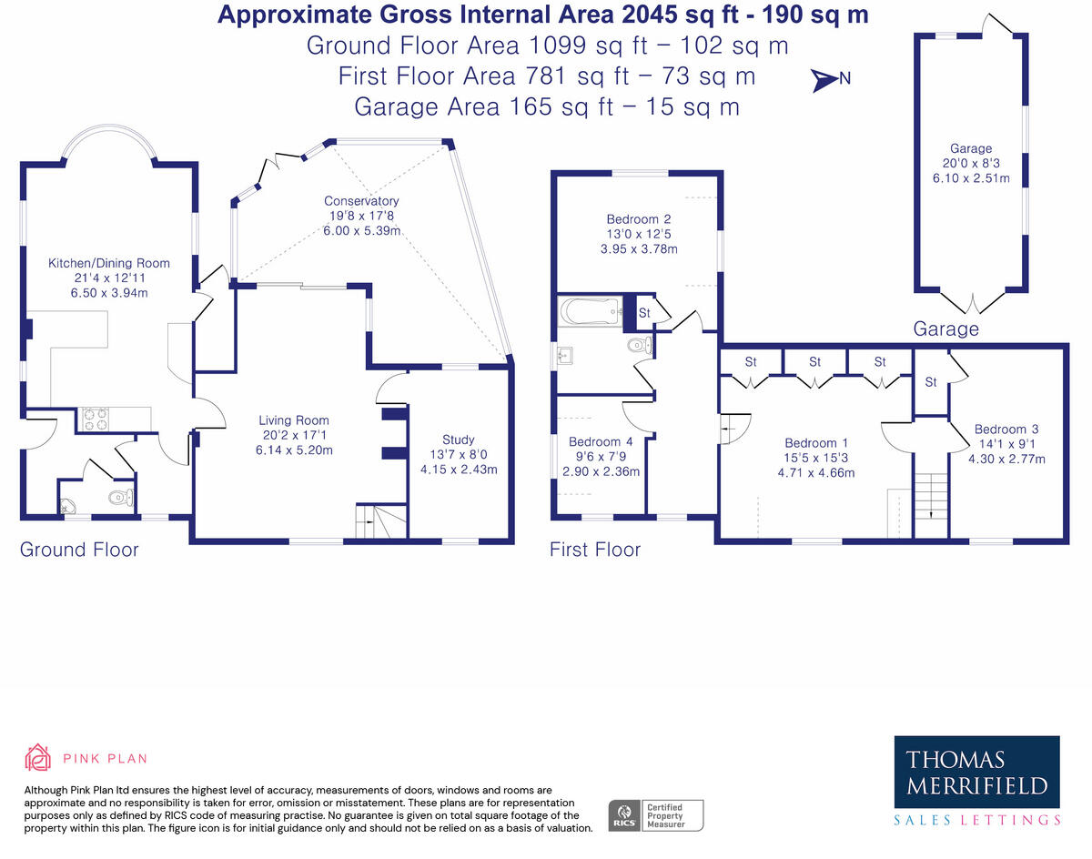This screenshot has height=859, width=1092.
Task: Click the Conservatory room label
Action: [361, 201]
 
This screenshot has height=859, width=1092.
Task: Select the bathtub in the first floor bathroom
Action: [590, 310]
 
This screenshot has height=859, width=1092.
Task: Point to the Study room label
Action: [459, 440]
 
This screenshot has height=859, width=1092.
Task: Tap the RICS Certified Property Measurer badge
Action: [655, 815]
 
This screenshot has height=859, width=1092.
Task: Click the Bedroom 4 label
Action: [601, 441]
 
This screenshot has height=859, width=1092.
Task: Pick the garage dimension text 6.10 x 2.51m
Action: [971, 178]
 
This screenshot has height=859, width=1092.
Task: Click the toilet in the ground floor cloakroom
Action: [121, 497]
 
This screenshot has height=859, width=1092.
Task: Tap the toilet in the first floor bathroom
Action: [640, 346]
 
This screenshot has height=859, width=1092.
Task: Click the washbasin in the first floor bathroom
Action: [564, 354]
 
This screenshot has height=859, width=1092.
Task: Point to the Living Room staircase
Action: [380, 520]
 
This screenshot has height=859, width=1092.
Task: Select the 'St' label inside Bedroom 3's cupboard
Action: [930, 381]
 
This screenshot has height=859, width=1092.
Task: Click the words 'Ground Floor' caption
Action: [79, 550]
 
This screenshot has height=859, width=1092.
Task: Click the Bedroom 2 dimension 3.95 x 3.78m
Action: [639, 248]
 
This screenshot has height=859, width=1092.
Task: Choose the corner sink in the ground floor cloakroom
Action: [67, 506]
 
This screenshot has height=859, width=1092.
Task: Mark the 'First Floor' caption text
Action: [595, 550]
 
